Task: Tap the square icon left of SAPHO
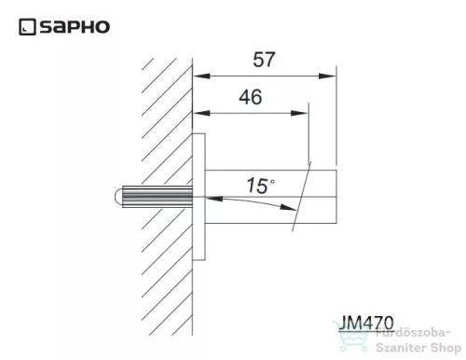point(25,28)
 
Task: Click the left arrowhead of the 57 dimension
point(199,77)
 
